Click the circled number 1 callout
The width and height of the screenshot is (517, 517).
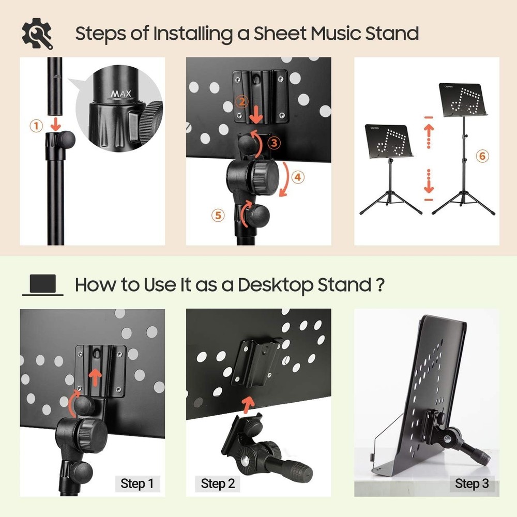pyautogui.click(x=36, y=126)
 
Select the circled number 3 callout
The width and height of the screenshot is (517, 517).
pyautogui.click(x=276, y=142)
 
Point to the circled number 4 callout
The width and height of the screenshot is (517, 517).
pyautogui.click(x=297, y=177)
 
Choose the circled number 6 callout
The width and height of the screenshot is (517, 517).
pyautogui.click(x=481, y=156)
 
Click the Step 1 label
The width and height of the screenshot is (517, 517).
pyautogui.click(x=137, y=484)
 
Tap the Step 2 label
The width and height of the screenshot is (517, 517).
pyautogui.click(x=218, y=484)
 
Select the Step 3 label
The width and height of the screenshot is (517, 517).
pyautogui.click(x=472, y=484)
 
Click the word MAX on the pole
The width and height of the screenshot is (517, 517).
pyautogui.click(x=121, y=94)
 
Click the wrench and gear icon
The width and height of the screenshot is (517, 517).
pyautogui.click(x=37, y=34)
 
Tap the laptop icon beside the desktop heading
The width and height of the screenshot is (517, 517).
pyautogui.click(x=42, y=285)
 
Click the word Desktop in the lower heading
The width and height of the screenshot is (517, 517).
pyautogui.click(x=268, y=285)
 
